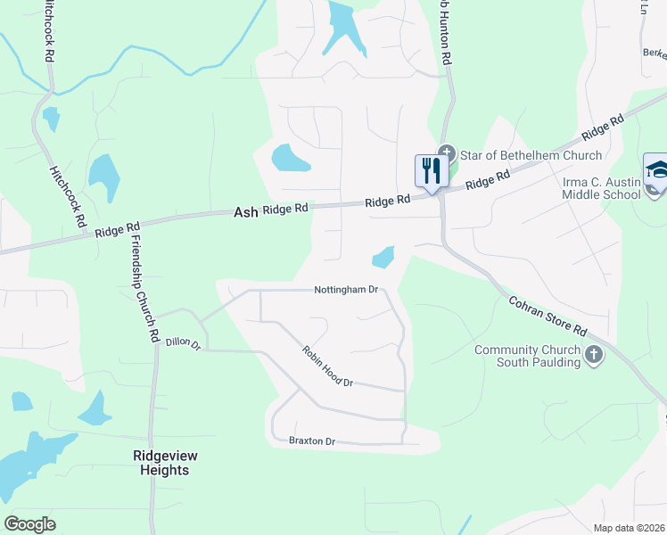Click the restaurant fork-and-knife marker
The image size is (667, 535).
click(x=432, y=170)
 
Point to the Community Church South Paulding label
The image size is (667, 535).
click(x=527, y=357)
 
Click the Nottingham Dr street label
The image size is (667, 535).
click(x=347, y=290)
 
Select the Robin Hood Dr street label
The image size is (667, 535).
click(x=327, y=366)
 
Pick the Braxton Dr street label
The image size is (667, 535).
click(x=311, y=440)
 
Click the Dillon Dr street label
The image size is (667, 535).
click(x=184, y=343)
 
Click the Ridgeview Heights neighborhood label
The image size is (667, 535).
click(x=165, y=463)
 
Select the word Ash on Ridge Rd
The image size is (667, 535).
click(x=245, y=212)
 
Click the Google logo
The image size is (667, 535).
click(x=29, y=523)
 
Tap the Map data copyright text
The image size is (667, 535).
click(x=630, y=528)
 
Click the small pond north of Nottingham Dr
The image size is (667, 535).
click(x=383, y=257)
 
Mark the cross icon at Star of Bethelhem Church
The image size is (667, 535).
click(x=446, y=152)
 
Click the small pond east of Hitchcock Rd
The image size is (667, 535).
click(x=103, y=177)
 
